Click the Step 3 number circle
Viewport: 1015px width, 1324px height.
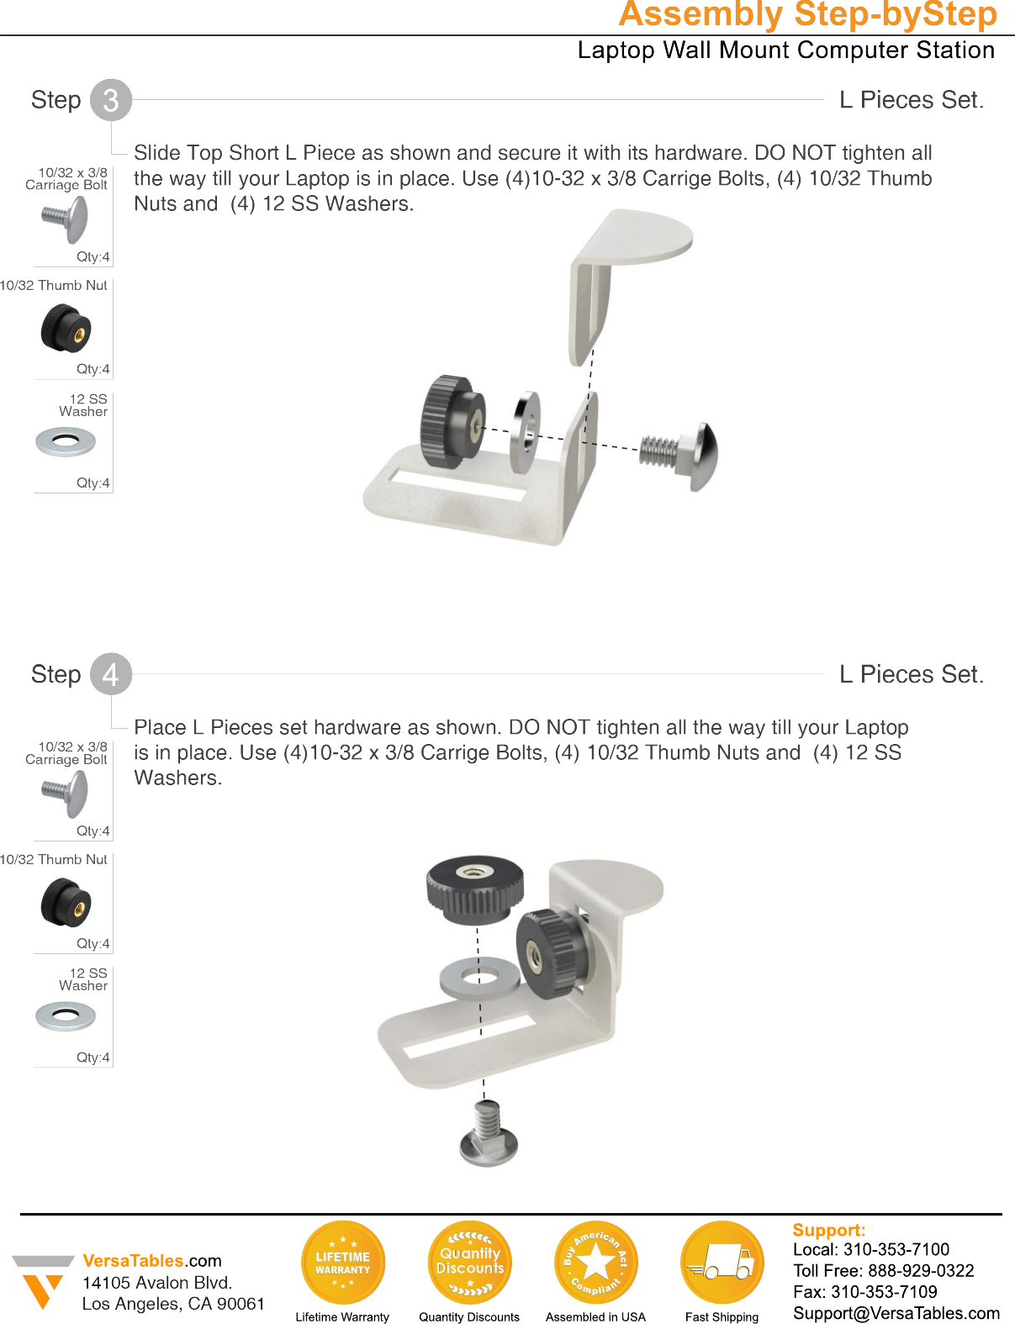tap(111, 100)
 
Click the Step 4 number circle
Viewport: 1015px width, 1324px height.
tap(111, 674)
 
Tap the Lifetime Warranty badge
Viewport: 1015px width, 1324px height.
tap(343, 1263)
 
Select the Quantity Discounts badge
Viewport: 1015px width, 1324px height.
tap(470, 1263)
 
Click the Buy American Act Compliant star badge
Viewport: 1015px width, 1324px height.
tap(596, 1263)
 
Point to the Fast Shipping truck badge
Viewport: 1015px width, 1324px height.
tap(722, 1263)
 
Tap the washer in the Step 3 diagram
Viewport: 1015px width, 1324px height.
tap(526, 431)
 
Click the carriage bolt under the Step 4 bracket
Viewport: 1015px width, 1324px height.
tap(489, 1135)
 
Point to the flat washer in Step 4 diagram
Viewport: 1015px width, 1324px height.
tap(479, 978)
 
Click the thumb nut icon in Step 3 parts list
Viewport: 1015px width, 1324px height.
tap(66, 329)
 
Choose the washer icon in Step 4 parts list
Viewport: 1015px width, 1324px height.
tap(66, 1016)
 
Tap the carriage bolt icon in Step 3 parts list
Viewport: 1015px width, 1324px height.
tap(66, 218)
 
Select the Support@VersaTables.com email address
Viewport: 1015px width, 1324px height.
tap(896, 1313)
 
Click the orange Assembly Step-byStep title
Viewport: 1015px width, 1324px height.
tap(807, 15)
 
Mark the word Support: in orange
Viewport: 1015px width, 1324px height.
tap(828, 1230)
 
